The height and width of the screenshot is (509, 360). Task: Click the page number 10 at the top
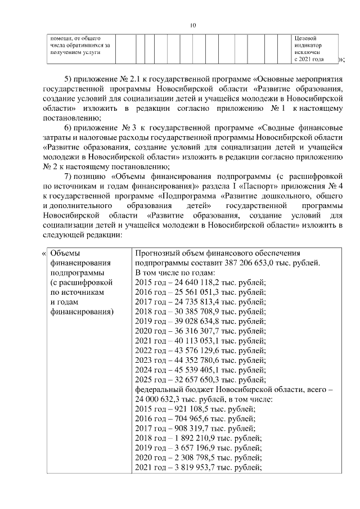click(x=192, y=25)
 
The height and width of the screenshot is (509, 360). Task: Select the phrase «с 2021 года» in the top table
click(x=309, y=58)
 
